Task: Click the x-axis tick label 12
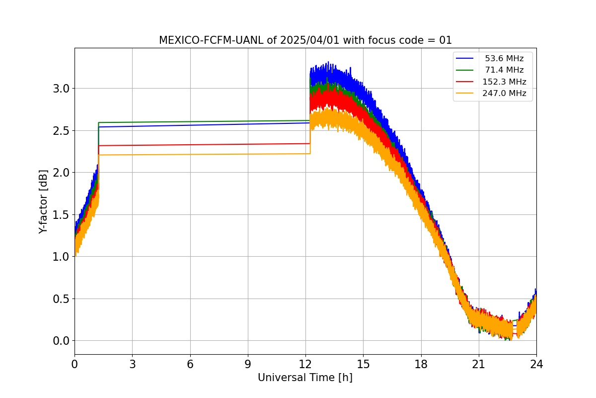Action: coord(305,364)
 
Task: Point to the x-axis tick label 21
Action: coord(479,364)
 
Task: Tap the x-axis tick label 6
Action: coord(190,364)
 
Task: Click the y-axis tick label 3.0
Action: coord(62,89)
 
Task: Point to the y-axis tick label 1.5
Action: coord(62,215)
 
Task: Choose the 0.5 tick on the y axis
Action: coord(62,299)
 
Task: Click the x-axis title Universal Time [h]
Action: coord(305,378)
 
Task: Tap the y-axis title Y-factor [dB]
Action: coord(44,201)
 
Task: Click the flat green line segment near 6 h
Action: coord(190,121)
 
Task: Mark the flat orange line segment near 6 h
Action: coord(190,154)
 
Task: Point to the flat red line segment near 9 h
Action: coord(248,144)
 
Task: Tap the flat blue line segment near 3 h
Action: coord(132,126)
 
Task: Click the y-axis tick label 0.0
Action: coord(62,341)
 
